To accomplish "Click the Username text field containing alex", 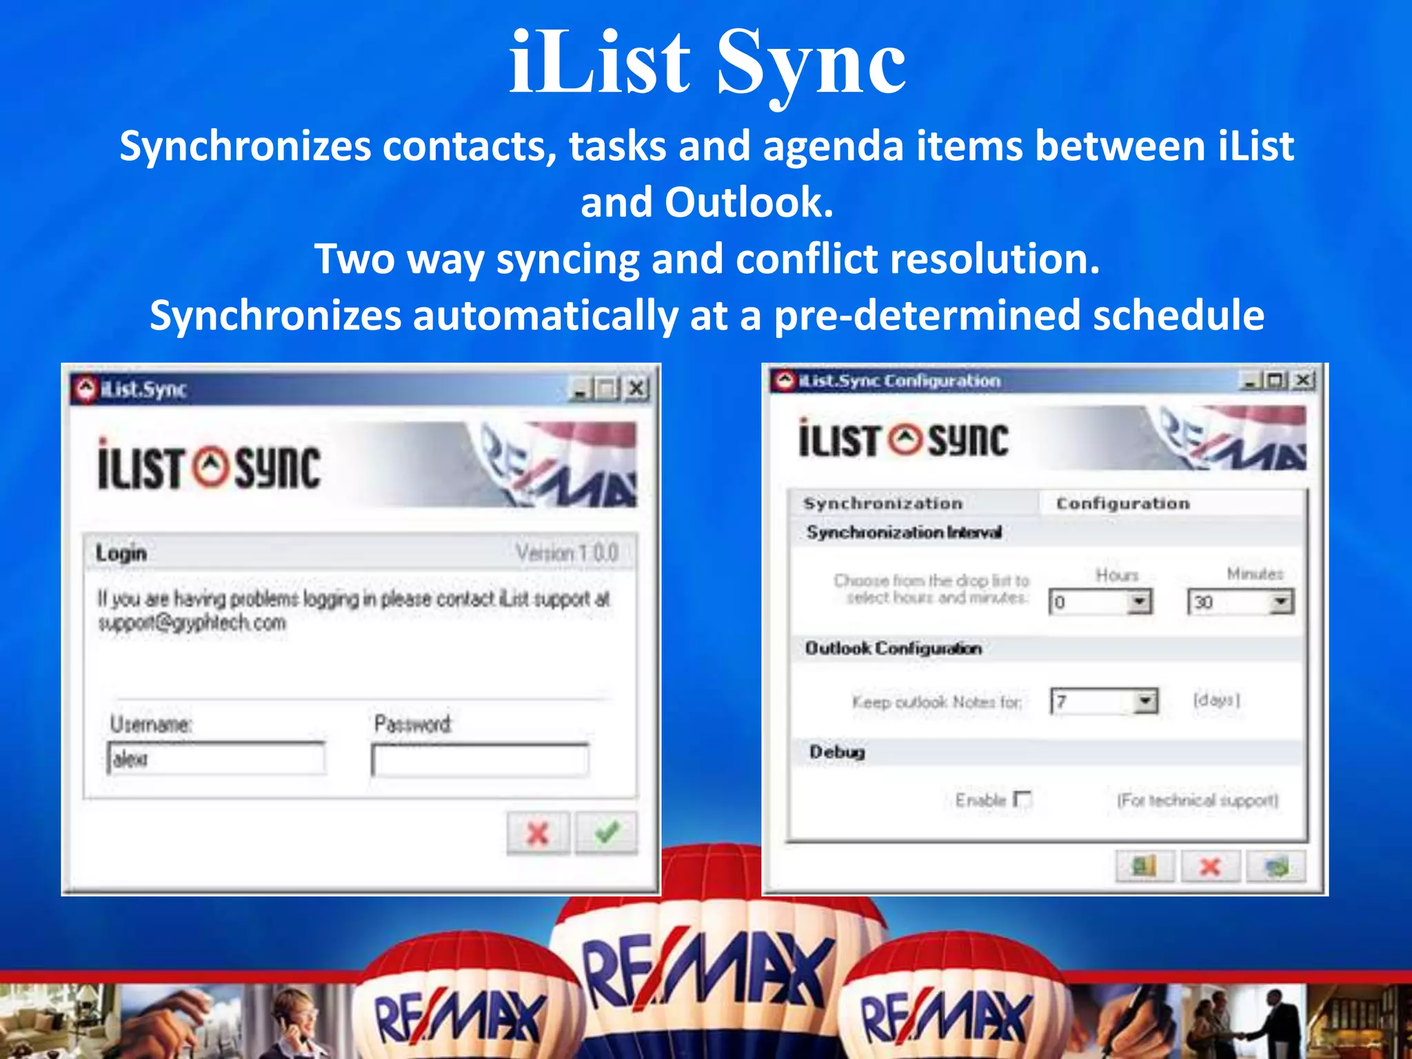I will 216,758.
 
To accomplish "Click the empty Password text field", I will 480,760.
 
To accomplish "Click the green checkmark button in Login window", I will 606,833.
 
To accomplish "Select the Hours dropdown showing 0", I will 1100,602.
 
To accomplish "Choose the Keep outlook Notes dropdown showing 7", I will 1104,701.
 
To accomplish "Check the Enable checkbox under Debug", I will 1022,800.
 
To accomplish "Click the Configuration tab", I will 1123,503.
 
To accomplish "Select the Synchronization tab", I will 883,503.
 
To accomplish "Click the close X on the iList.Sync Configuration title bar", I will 1303,380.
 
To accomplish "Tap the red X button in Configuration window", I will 1211,866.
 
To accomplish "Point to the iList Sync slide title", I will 706,63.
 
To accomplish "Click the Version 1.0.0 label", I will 567,552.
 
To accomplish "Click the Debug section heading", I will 837,752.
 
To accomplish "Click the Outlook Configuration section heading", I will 894,648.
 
